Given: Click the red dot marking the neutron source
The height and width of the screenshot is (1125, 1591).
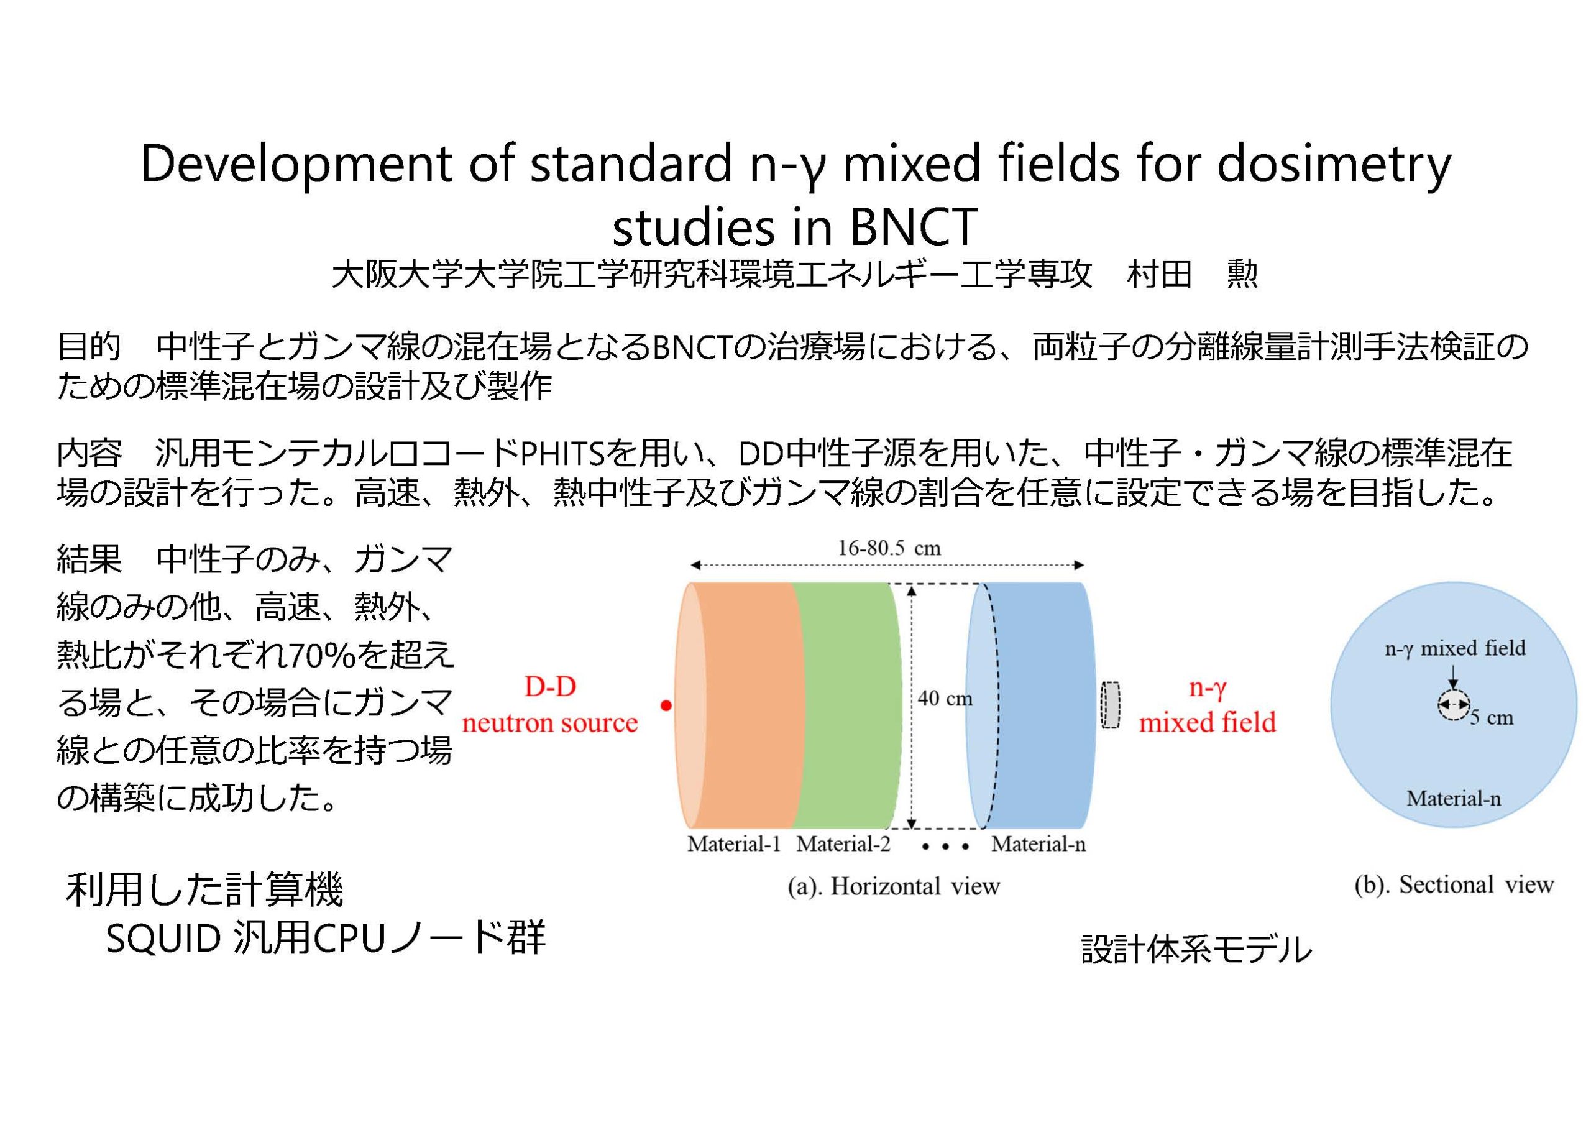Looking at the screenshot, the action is [x=666, y=705].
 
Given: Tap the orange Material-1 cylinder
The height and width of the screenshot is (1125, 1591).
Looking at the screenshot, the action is [x=738, y=705].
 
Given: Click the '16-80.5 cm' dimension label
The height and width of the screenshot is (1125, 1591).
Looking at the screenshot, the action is [x=889, y=548].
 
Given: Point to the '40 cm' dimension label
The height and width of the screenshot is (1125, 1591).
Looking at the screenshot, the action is [x=945, y=698].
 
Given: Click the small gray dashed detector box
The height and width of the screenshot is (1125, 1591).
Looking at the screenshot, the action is [x=1111, y=705].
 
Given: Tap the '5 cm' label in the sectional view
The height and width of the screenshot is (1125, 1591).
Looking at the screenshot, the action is [x=1491, y=717].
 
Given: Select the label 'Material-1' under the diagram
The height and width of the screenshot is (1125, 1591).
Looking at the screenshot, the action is [x=734, y=843].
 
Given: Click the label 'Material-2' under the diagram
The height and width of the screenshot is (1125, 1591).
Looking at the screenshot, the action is [x=843, y=843].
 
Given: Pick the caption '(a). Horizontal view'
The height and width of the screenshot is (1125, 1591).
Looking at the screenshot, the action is [x=894, y=886].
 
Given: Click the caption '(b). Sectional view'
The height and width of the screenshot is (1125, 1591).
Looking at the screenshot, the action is [x=1454, y=884].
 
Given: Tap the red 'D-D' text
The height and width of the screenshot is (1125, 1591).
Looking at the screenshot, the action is [x=550, y=686].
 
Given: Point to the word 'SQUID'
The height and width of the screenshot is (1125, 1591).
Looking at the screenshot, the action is [x=163, y=938].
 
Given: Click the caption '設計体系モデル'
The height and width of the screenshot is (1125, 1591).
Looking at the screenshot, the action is [x=1197, y=949].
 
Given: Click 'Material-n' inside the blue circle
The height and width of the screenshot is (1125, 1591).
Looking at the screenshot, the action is [x=1453, y=799].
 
